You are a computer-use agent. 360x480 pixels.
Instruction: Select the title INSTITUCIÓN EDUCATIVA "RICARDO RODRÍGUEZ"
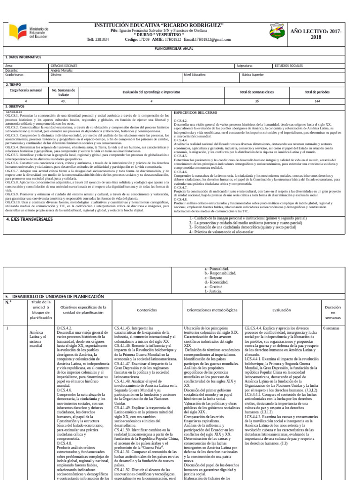click(x=159, y=24)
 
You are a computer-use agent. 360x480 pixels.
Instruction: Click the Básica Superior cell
click(x=253, y=75)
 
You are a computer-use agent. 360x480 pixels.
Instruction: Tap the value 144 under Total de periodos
click(x=317, y=101)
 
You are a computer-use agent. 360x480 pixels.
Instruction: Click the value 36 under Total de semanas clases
click(x=256, y=101)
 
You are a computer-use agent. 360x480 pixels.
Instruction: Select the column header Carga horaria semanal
click(x=26, y=90)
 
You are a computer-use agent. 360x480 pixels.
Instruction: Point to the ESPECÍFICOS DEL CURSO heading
click(x=196, y=113)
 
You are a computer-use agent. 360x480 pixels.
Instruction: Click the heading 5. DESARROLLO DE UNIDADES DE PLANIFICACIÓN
click(x=54, y=297)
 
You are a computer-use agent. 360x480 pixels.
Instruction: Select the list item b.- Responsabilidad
click(x=221, y=273)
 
